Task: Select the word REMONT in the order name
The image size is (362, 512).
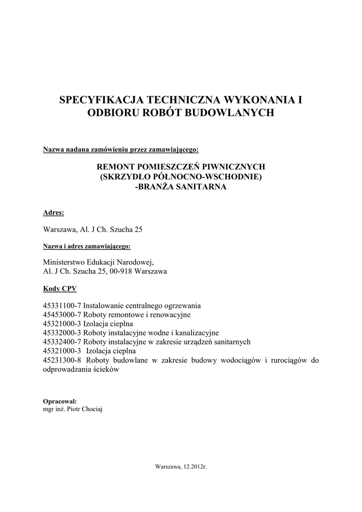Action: pyautogui.click(x=117, y=167)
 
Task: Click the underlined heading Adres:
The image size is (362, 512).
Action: pyautogui.click(x=53, y=212)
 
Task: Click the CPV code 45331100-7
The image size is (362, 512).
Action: pyautogui.click(x=62, y=305)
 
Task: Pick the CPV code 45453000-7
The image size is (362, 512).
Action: pyautogui.click(x=62, y=314)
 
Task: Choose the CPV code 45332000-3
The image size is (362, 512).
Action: pyautogui.click(x=62, y=332)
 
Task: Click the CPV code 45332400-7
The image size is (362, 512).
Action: pyautogui.click(x=62, y=341)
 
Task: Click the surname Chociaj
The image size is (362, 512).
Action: pyautogui.click(x=94, y=408)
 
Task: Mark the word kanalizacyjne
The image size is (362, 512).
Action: pyautogui.click(x=197, y=332)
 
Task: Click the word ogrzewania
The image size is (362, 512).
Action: pyautogui.click(x=179, y=305)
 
